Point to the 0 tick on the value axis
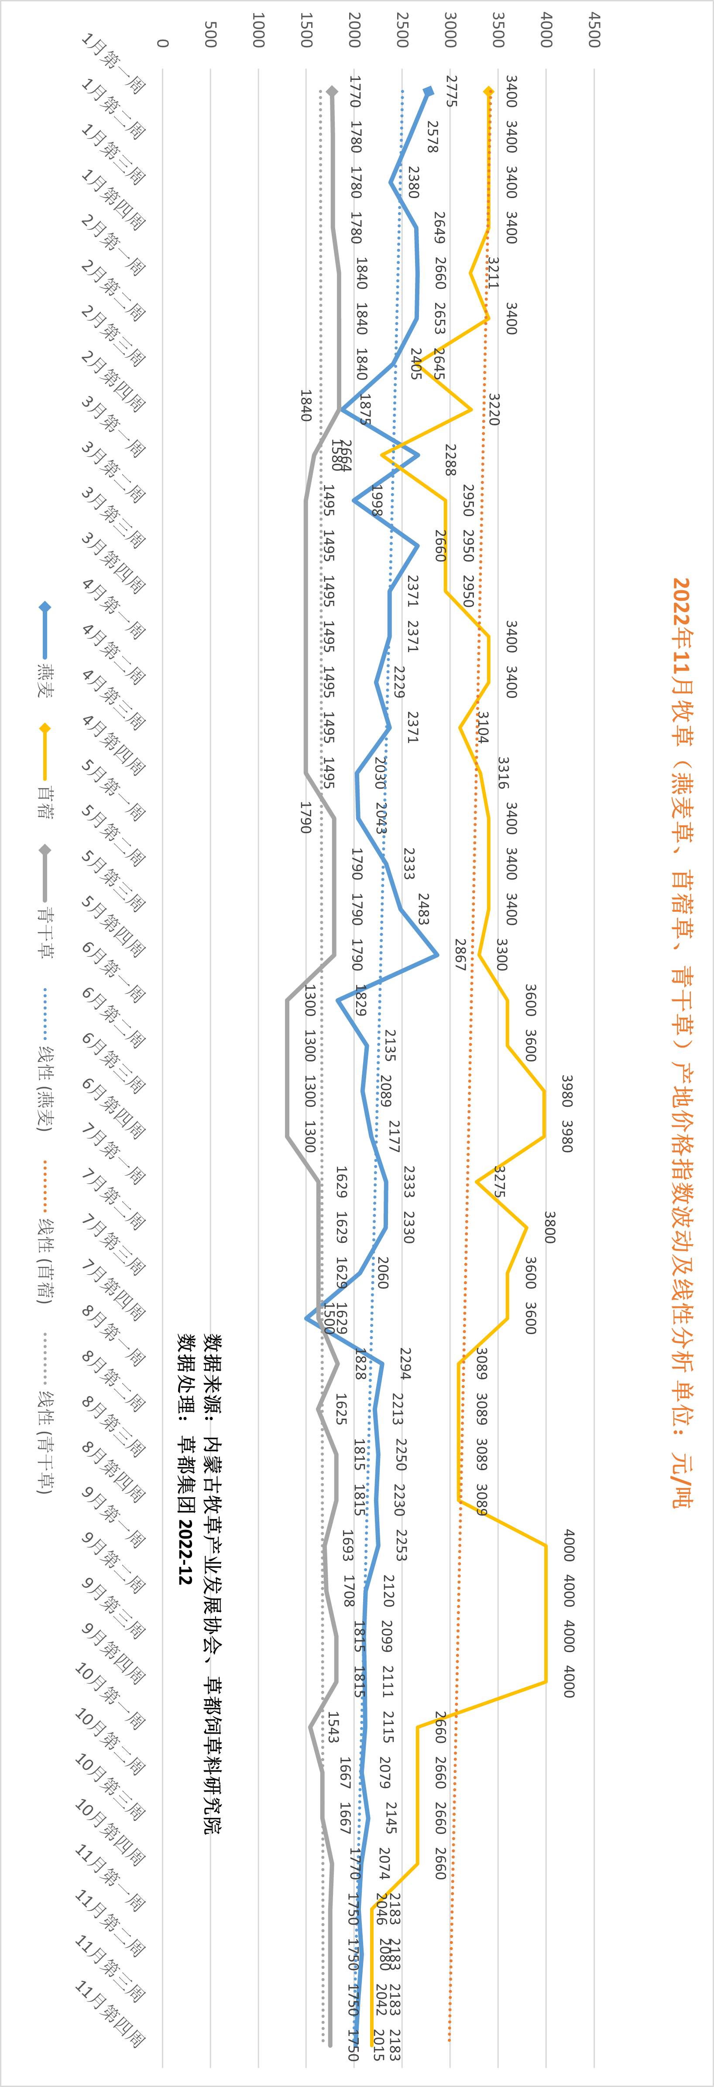163,43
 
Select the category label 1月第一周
113,63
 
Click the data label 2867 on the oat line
460,955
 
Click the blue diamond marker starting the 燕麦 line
429,92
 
